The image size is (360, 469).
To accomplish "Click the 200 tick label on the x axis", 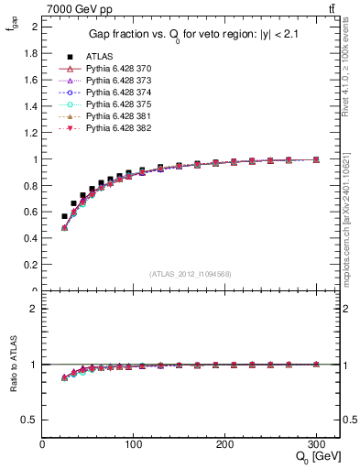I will (x=224, y=444).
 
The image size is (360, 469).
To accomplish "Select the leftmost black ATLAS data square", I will (x=64, y=216).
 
